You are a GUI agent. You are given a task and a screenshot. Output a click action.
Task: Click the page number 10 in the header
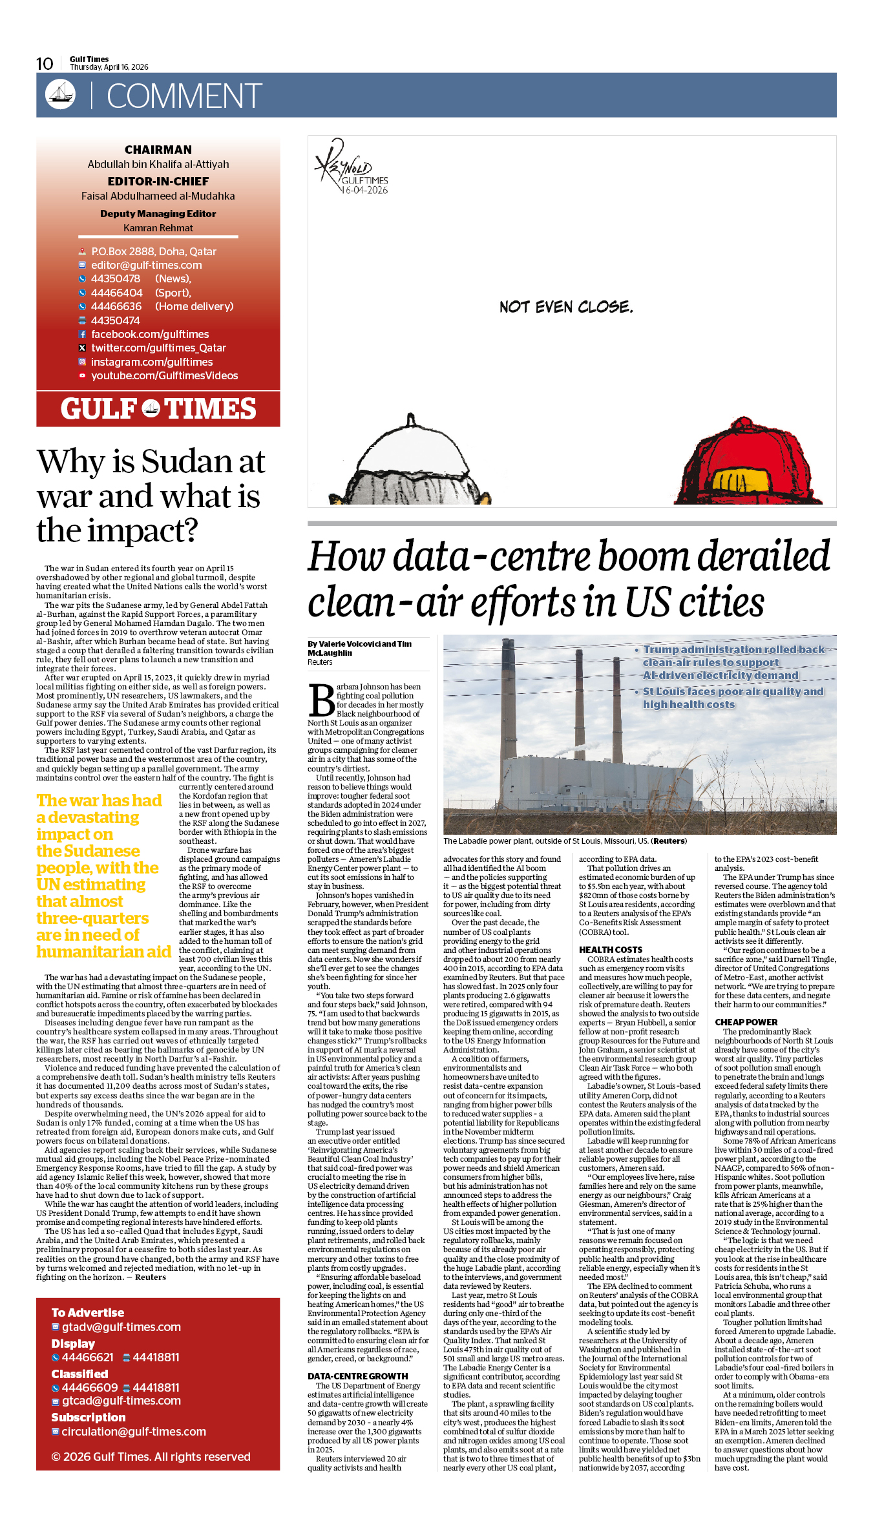(x=45, y=63)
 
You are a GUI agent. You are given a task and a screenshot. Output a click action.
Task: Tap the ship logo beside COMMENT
(x=60, y=94)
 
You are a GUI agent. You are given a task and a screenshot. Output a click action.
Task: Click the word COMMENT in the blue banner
(x=184, y=96)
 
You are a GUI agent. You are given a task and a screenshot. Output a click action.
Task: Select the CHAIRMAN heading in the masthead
(x=158, y=150)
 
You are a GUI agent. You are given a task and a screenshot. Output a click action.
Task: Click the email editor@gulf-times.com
(x=146, y=265)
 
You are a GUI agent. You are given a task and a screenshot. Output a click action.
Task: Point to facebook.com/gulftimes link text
(x=150, y=334)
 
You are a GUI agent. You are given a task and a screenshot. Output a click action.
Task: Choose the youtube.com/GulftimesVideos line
(x=164, y=375)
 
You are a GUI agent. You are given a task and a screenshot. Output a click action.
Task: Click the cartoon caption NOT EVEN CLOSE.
(x=566, y=307)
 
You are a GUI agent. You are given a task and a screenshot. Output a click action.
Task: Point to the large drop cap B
(x=321, y=700)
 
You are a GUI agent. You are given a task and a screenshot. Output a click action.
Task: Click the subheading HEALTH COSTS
(x=611, y=950)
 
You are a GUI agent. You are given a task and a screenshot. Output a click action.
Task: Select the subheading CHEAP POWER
(x=746, y=1022)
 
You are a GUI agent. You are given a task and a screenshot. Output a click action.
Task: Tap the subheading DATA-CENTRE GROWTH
(x=357, y=1376)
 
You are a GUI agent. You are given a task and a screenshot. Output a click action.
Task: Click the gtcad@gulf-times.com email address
(x=121, y=1401)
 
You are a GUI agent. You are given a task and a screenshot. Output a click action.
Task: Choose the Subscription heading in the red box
(x=89, y=1417)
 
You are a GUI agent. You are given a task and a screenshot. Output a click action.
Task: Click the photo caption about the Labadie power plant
(x=565, y=841)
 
